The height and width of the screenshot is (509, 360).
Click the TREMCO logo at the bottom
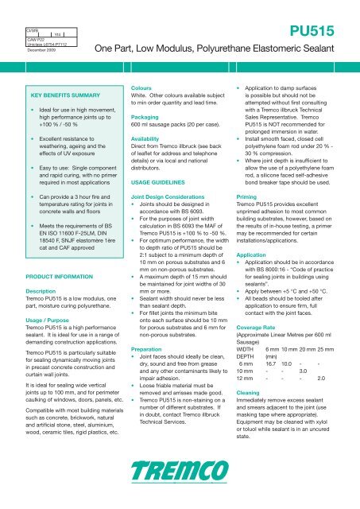(180, 481)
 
